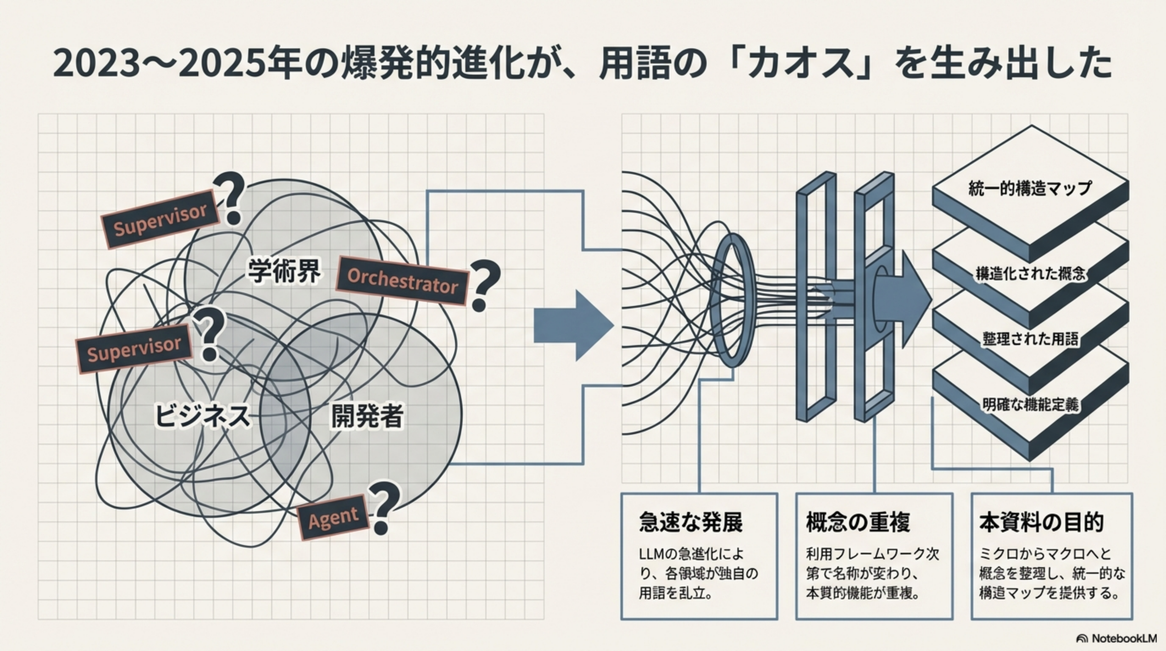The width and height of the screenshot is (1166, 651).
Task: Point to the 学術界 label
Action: pyautogui.click(x=284, y=270)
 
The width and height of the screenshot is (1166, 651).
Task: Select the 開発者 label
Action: pyautogui.click(x=367, y=416)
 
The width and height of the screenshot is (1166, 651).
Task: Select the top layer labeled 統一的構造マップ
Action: pyautogui.click(x=1030, y=188)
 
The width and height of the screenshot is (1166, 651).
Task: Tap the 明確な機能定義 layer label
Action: pyautogui.click(x=1030, y=404)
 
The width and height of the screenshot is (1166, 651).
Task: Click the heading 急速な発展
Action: pyautogui.click(x=690, y=522)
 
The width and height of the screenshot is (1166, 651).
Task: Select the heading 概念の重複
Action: pyautogui.click(x=858, y=522)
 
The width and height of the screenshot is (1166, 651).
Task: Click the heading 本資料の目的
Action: pyautogui.click(x=1041, y=522)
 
